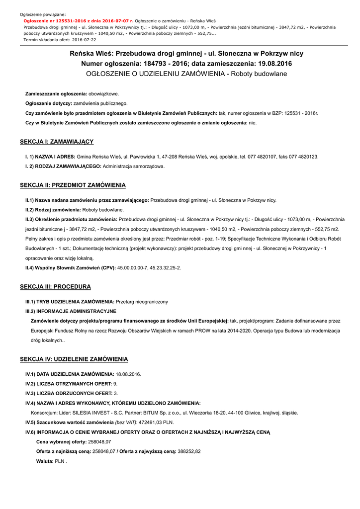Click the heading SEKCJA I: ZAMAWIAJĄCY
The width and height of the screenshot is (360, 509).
[57, 142]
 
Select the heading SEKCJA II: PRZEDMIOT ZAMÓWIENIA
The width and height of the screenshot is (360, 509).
[73, 185]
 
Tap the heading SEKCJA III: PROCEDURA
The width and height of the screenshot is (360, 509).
[55, 287]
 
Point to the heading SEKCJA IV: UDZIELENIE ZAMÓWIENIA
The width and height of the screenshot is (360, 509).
[74, 359]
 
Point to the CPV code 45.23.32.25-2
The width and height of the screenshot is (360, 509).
[163, 268]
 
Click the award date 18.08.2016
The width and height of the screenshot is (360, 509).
[128, 374]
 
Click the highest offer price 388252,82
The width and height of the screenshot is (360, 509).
[189, 451]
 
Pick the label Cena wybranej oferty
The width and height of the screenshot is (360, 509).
[61, 441]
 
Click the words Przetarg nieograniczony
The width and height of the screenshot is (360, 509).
[142, 302]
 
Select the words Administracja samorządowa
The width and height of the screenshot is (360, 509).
[133, 166]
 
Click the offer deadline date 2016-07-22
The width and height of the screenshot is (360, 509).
[83, 39]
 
